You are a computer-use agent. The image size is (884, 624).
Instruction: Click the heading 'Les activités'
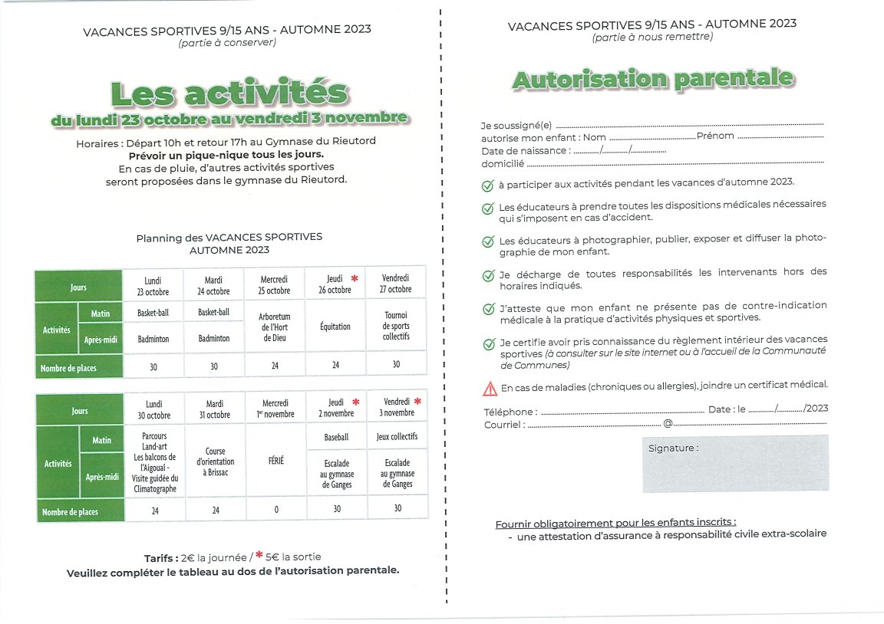(229, 93)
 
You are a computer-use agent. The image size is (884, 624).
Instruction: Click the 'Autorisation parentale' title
(652, 79)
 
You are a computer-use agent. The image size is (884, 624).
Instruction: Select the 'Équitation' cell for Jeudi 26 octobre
(335, 327)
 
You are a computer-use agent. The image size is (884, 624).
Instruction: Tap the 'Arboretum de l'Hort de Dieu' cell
(275, 327)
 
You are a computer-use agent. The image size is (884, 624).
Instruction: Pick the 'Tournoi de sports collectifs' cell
(396, 326)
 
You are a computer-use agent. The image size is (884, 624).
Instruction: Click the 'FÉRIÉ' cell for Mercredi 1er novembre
(275, 461)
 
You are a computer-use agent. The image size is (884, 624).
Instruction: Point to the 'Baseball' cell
(335, 437)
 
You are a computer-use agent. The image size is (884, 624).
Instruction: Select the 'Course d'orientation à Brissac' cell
(215, 461)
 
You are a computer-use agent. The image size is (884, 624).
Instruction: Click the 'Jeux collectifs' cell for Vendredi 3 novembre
(397, 437)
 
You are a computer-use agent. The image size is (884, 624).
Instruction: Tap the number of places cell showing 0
(276, 510)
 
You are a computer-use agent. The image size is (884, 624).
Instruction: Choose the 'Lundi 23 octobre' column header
(153, 285)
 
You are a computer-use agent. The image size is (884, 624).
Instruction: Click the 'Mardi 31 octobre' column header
(215, 409)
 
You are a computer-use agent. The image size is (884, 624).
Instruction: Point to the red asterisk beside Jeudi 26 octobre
(355, 278)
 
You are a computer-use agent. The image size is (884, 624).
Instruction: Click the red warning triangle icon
(490, 389)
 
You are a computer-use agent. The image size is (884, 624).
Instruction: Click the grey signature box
(735, 463)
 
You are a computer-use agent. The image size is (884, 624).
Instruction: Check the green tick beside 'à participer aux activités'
(487, 186)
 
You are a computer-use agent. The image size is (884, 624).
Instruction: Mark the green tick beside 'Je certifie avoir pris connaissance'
(487, 344)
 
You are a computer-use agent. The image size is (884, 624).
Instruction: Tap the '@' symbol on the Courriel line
(668, 424)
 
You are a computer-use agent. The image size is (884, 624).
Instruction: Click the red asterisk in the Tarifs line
(259, 556)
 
